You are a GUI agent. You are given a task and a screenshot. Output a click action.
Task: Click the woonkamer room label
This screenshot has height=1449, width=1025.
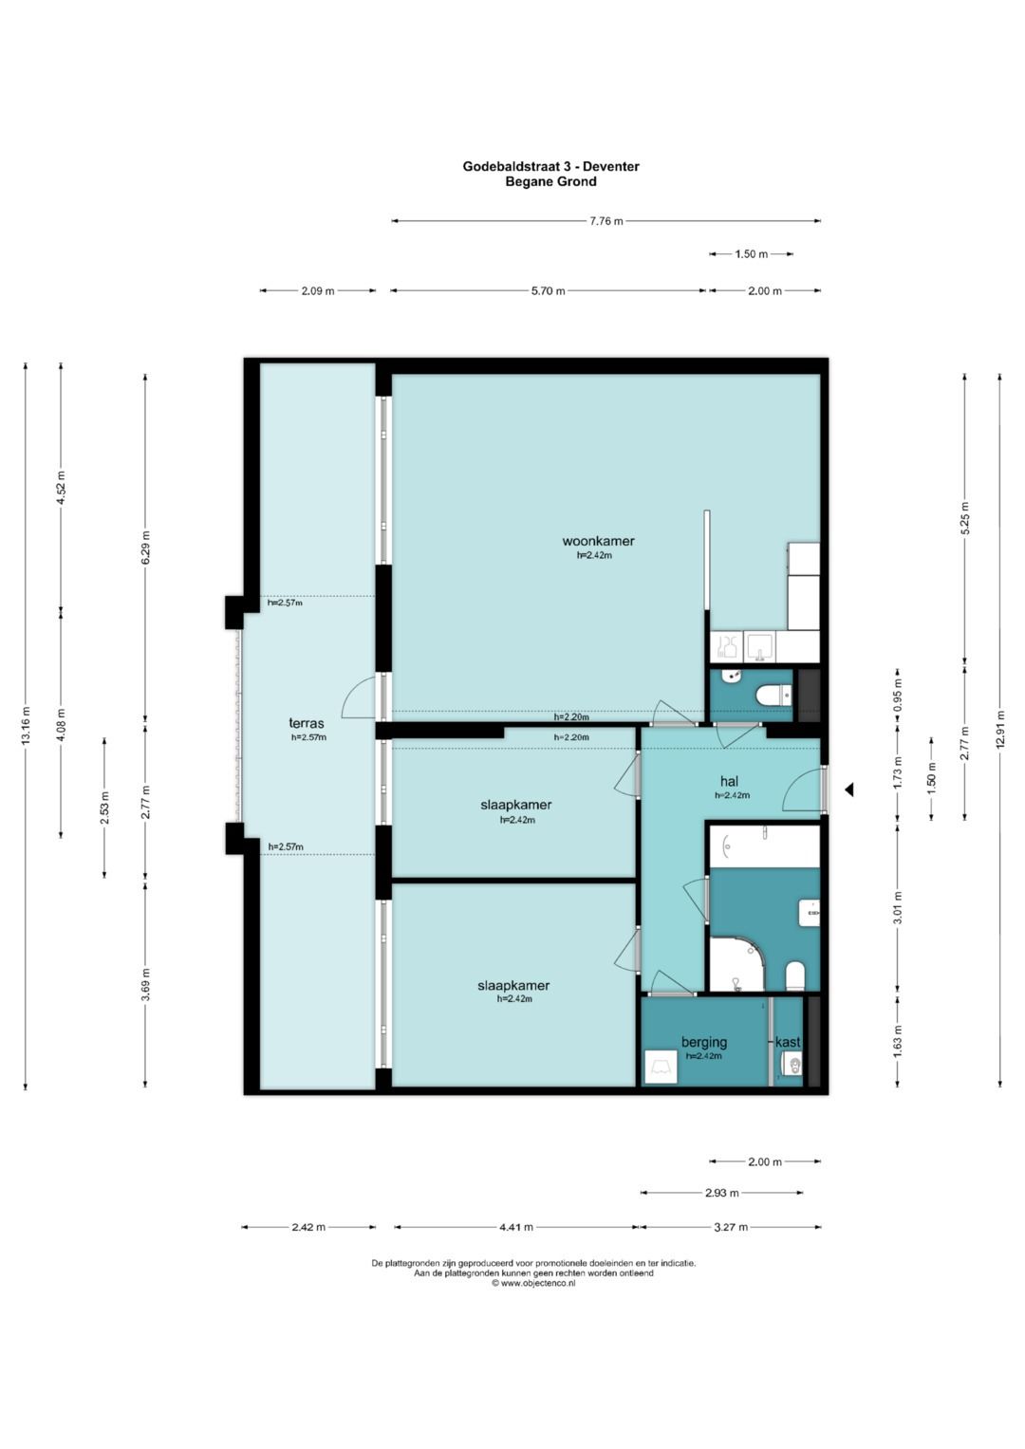[x=598, y=541]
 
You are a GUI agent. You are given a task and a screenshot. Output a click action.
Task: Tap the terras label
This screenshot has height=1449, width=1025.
[x=306, y=723]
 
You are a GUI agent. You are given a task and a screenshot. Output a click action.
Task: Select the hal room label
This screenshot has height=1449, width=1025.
[x=729, y=781]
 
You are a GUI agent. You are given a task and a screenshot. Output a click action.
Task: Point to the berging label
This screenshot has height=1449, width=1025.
[x=704, y=1042]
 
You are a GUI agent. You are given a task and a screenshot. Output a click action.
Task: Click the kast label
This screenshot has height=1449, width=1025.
[x=788, y=1042]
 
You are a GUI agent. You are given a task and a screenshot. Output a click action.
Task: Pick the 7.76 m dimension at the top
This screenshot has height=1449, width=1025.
[x=606, y=221]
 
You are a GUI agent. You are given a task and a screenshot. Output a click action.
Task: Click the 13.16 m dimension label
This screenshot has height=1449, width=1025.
[x=26, y=726]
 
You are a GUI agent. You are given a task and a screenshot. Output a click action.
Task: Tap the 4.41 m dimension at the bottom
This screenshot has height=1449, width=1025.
[x=515, y=1227]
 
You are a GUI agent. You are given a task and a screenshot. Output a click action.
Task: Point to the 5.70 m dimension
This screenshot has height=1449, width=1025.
[x=549, y=291]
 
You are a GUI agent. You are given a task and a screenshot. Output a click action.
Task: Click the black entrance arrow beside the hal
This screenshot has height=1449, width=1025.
[x=848, y=790]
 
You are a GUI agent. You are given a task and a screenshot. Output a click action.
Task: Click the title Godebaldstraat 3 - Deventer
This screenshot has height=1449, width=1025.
[x=550, y=166]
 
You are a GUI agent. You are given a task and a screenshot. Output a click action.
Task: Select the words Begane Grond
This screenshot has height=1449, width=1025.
[x=550, y=182]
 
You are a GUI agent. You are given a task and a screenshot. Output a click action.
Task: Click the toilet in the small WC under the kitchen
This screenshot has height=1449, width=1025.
[x=773, y=695]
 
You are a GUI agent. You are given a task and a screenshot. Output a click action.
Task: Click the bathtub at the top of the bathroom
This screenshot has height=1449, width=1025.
[x=765, y=846]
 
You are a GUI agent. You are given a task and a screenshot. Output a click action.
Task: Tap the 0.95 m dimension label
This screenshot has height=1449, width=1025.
[x=898, y=694]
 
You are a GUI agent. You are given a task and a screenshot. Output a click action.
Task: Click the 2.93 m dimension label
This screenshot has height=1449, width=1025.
[x=721, y=1193]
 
